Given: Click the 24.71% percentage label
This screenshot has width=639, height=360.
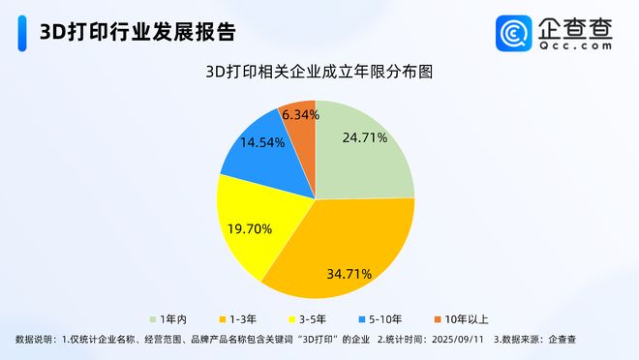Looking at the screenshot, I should pyautogui.click(x=365, y=137).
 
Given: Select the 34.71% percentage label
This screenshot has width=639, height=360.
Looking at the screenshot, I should pyautogui.click(x=350, y=274).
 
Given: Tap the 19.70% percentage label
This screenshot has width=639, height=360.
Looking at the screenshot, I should pyautogui.click(x=249, y=229).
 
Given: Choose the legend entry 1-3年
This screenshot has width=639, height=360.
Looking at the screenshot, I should pyautogui.click(x=243, y=318).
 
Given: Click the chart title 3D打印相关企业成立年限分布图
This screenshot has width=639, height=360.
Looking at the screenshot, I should pyautogui.click(x=319, y=72).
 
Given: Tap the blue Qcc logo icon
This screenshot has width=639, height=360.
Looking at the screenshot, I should pyautogui.click(x=514, y=33).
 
